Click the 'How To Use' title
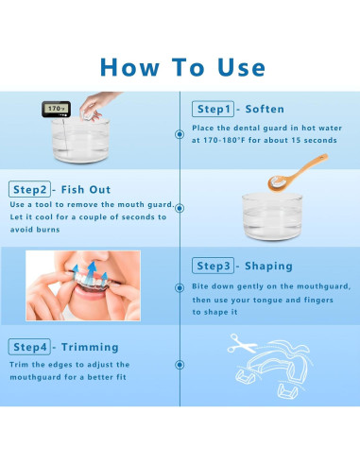pos(182,67)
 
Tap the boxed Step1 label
pos(213,109)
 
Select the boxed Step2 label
pos(29,189)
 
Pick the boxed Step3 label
pos(213,266)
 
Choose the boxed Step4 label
pos(29,347)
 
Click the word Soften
pos(265,109)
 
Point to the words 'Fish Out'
pos(86,189)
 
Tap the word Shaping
pos(268,267)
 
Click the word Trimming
pos(90,347)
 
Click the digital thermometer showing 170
pos(56,109)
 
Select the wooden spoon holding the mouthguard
pos(298,173)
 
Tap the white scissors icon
pos(242,344)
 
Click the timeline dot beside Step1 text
pos(180,134)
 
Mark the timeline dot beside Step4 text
pos(180,365)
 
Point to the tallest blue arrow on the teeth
pos(91,271)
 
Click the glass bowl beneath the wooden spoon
pos(272,217)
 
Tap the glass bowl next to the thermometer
pos(81,140)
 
